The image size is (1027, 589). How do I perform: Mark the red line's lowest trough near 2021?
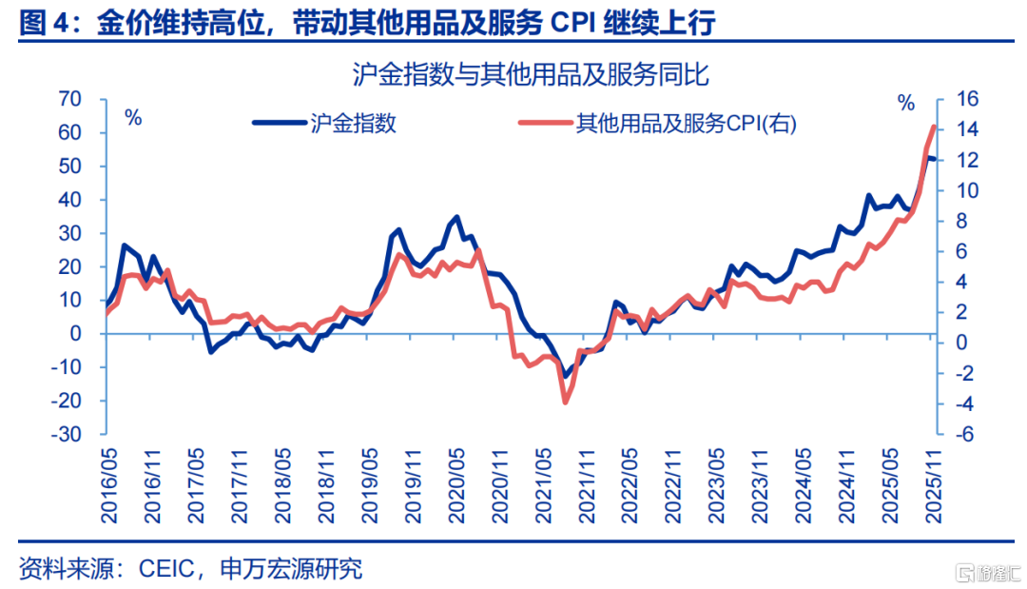tap(565, 402)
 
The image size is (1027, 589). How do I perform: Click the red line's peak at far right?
tap(934, 127)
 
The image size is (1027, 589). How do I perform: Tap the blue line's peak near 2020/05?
tap(457, 218)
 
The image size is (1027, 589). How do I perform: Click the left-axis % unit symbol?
tap(133, 118)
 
